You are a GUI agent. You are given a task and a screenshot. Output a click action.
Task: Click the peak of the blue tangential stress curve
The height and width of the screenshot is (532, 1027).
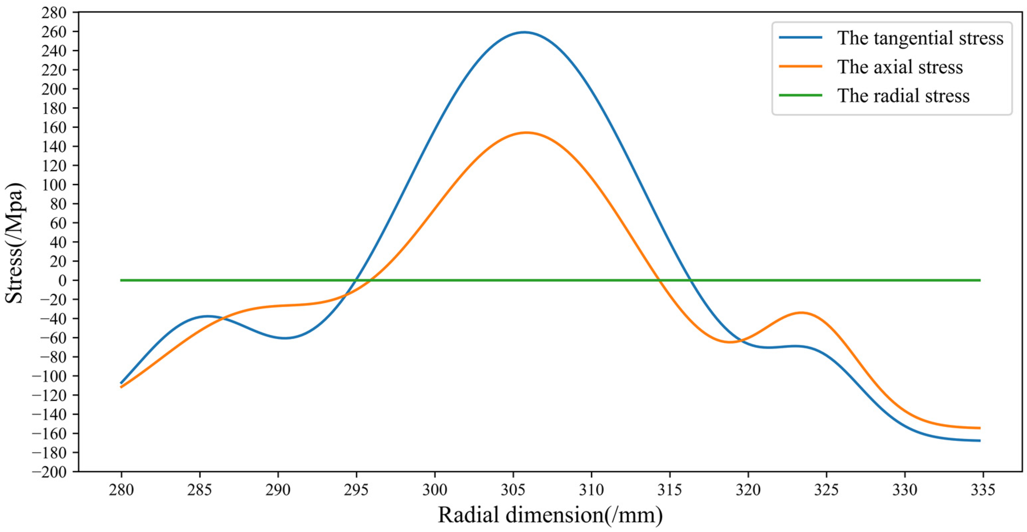pyautogui.click(x=524, y=32)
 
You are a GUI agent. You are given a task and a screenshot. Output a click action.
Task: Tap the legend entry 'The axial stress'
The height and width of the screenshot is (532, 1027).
pyautogui.click(x=900, y=67)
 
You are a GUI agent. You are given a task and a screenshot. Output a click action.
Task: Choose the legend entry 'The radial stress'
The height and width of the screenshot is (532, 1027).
pyautogui.click(x=903, y=96)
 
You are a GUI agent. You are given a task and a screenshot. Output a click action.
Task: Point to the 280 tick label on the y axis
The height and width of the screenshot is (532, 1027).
pyautogui.click(x=53, y=12)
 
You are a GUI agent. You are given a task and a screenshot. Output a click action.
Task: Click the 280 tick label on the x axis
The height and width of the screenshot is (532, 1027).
pyautogui.click(x=121, y=489)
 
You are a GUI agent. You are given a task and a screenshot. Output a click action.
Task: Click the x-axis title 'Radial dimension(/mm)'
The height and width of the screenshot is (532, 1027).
pyautogui.click(x=550, y=515)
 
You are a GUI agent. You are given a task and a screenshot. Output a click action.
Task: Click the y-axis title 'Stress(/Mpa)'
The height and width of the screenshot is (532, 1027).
pyautogui.click(x=15, y=243)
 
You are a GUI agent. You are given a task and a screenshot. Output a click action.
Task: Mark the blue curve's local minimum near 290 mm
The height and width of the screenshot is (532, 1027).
pyautogui.click(x=285, y=338)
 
